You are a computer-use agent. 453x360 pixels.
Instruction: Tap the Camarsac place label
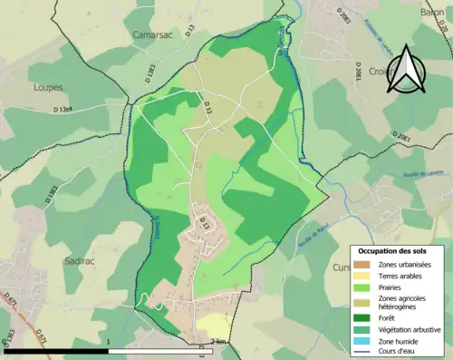pos(151,59)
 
